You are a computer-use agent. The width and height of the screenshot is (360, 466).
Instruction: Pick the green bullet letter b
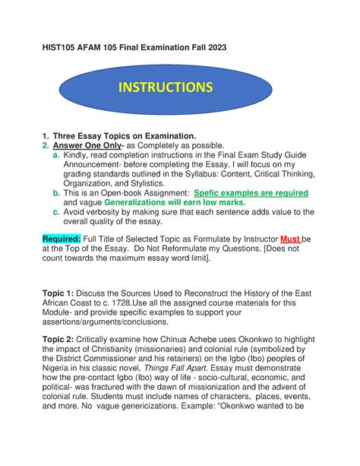click(x=55, y=193)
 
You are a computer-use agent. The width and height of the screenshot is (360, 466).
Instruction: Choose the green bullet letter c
click(x=55, y=212)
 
